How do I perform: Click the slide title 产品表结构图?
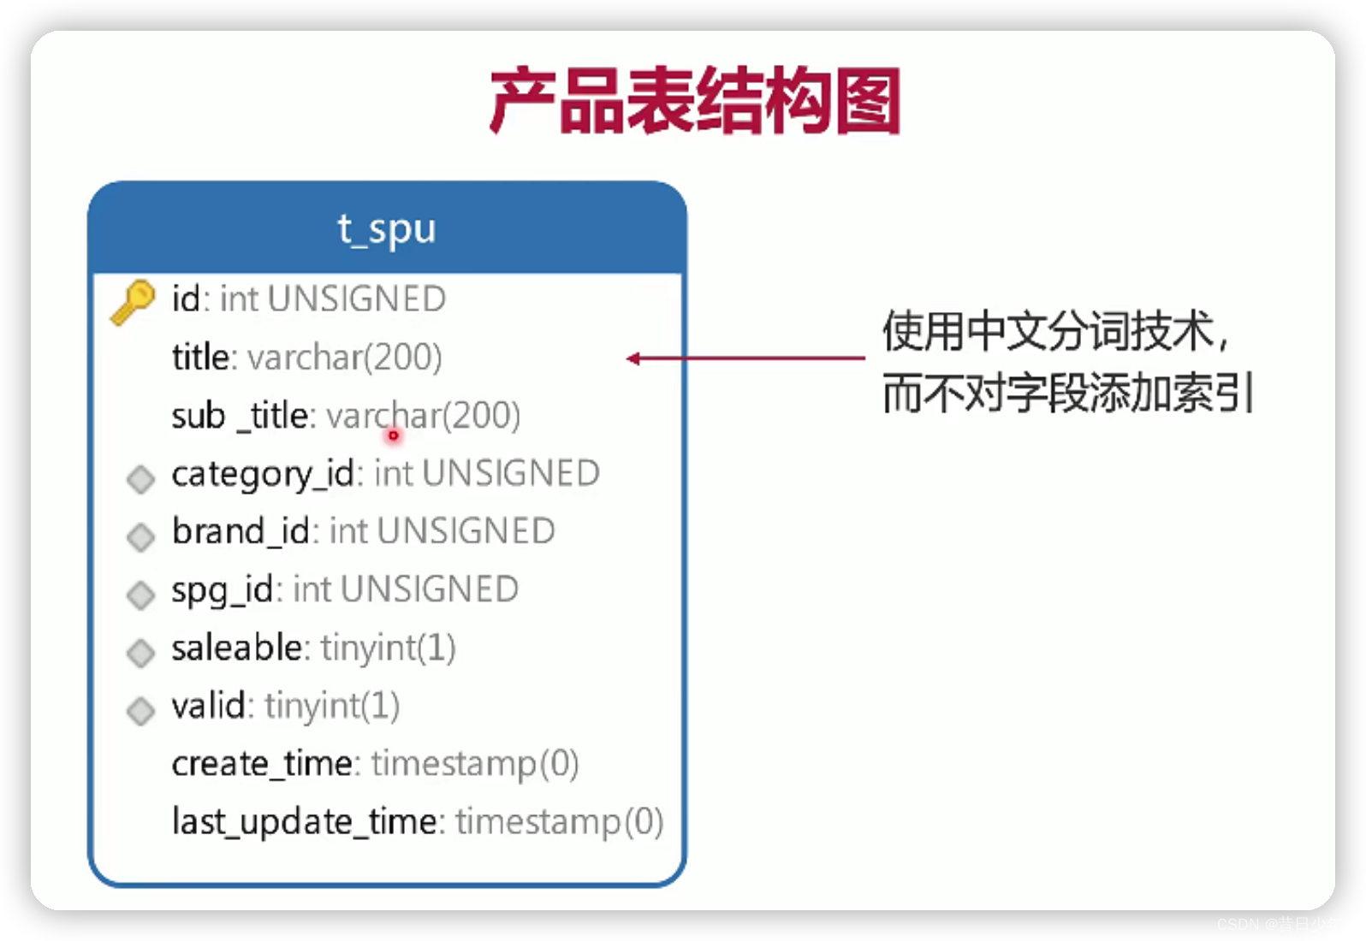tap(694, 101)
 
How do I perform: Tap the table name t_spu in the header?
tap(387, 229)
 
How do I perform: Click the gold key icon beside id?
tap(133, 301)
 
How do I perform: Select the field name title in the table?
tap(203, 358)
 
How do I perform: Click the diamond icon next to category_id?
tap(140, 479)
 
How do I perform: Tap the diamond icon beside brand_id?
tap(140, 536)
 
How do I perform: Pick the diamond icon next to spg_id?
tap(140, 595)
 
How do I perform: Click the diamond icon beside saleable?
tap(140, 653)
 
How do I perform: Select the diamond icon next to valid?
tap(140, 710)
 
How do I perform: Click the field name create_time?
tap(262, 764)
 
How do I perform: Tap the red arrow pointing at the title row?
tap(745, 358)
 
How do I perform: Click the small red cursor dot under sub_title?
tap(394, 435)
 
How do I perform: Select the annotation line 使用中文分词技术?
tap(1056, 331)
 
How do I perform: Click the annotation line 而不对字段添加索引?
tap(1068, 394)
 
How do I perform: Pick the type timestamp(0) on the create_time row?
tap(475, 764)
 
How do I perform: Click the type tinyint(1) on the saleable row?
tap(389, 648)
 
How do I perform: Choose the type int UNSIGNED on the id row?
tap(333, 299)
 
